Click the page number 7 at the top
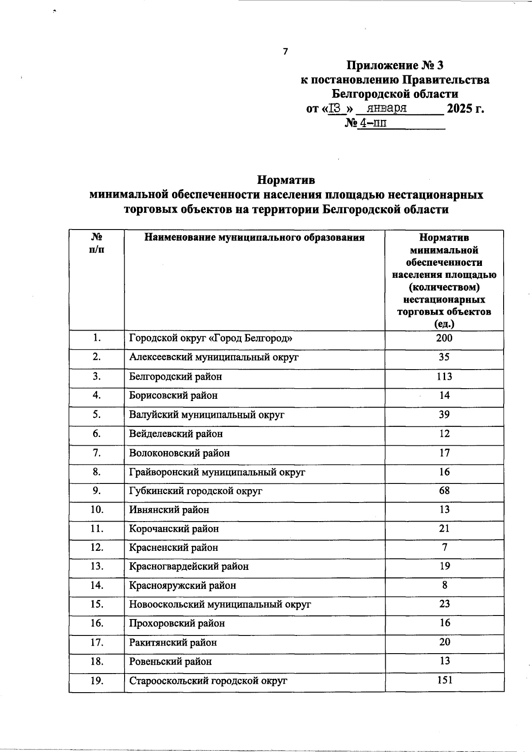(x=285, y=51)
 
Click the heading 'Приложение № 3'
(x=395, y=66)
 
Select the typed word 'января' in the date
(x=387, y=108)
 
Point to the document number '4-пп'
(x=372, y=123)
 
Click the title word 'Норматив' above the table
(x=286, y=180)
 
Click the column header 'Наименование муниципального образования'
(x=254, y=238)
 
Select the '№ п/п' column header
(x=97, y=243)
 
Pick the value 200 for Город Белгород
(x=444, y=339)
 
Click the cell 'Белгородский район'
(x=176, y=377)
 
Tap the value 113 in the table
(x=444, y=377)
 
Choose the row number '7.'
(x=97, y=453)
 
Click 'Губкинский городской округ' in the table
(x=196, y=491)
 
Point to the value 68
(x=444, y=491)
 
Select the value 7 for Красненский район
(x=444, y=547)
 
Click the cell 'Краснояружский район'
(x=182, y=585)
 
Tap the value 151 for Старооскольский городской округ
(x=444, y=680)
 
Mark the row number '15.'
(x=97, y=604)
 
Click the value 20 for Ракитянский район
(x=444, y=642)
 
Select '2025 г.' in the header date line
(x=465, y=108)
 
